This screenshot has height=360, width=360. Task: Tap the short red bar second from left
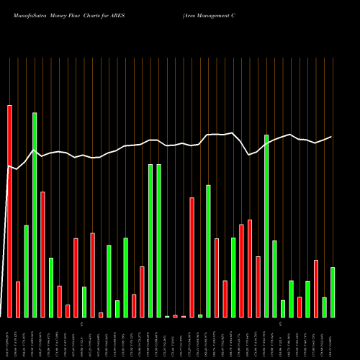[18, 299]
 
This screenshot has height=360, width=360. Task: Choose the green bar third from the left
[27, 271]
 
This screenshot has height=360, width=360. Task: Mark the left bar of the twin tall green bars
[150, 240]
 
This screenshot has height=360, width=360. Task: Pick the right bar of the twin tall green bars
[158, 240]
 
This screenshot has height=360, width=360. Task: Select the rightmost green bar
[333, 292]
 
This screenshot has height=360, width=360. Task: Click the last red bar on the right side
[316, 288]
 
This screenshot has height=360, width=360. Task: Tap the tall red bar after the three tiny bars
[192, 257]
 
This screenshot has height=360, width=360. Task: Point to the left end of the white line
[8, 166]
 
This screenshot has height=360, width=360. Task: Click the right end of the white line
[332, 137]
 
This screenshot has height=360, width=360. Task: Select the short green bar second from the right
[324, 307]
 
